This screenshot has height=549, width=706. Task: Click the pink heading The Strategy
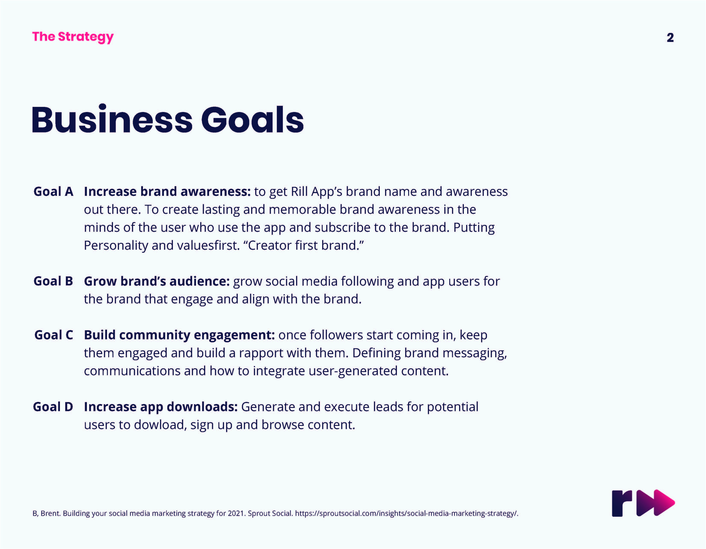[73, 37]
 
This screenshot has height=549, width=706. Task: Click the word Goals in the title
[252, 120]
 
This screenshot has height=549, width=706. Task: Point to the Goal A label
[53, 192]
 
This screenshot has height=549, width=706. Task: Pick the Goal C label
[54, 335]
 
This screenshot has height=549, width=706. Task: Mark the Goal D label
[53, 407]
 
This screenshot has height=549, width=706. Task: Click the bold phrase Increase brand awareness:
[167, 192]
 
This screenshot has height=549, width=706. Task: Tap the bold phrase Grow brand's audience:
[157, 281]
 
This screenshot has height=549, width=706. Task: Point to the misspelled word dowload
[159, 425]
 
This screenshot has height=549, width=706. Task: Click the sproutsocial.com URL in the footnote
[407, 514]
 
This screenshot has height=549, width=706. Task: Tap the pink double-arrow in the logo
[656, 503]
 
